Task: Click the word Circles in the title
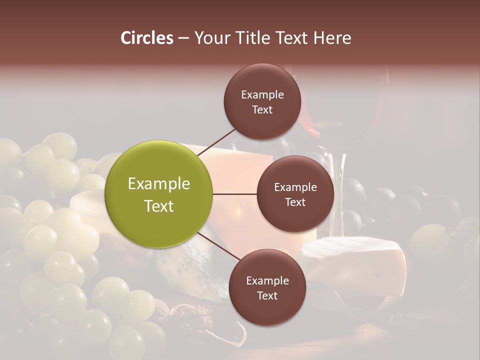[147, 38]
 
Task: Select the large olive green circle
[158, 194]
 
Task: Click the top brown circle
[262, 101]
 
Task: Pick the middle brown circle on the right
[295, 194]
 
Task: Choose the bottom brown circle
[267, 287]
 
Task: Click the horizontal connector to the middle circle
[235, 194]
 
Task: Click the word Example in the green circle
[159, 184]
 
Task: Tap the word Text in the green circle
[159, 205]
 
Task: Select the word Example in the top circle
[262, 94]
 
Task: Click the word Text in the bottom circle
[267, 295]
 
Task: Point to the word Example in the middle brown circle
[295, 187]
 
